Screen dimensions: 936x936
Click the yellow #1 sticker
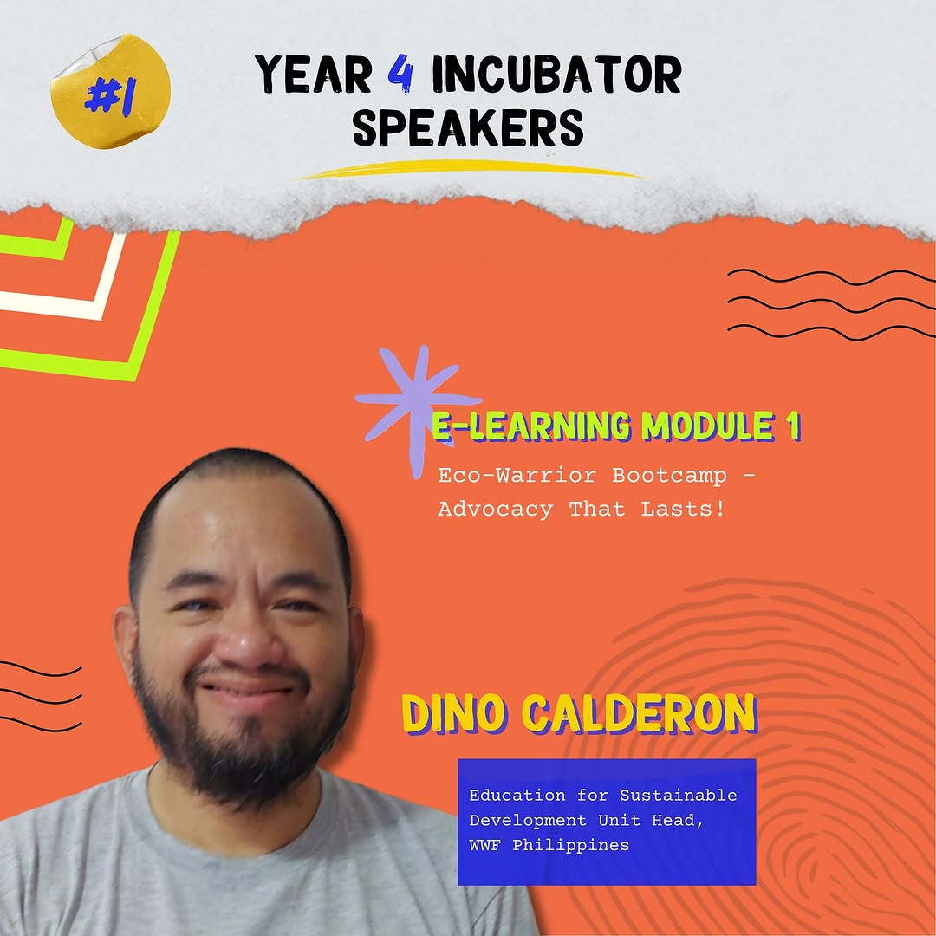tap(110, 91)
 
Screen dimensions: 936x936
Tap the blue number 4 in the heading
tap(400, 75)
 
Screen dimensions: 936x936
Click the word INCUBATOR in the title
tap(556, 75)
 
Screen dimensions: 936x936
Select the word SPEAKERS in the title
tap(467, 127)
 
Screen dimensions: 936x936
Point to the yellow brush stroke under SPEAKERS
tap(469, 169)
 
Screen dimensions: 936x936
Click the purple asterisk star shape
tap(418, 406)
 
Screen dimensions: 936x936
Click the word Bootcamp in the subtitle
tap(669, 476)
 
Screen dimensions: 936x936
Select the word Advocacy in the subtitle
tap(496, 510)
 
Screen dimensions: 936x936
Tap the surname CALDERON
tap(640, 714)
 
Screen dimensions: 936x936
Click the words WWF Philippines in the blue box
tap(549, 845)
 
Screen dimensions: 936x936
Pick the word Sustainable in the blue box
tap(678, 795)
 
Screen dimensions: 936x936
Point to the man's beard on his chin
tap(244, 758)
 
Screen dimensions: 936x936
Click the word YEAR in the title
tap(314, 75)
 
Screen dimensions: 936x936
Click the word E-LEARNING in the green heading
tap(530, 426)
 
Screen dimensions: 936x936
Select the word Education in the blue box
tap(517, 795)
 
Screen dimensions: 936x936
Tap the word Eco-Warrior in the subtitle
tap(517, 476)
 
